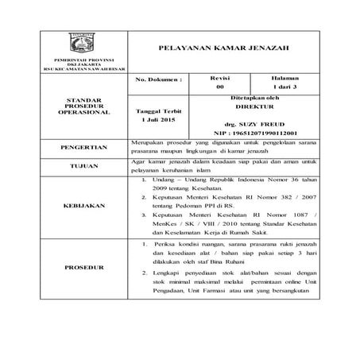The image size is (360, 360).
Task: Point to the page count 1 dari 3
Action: pos(279,87)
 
